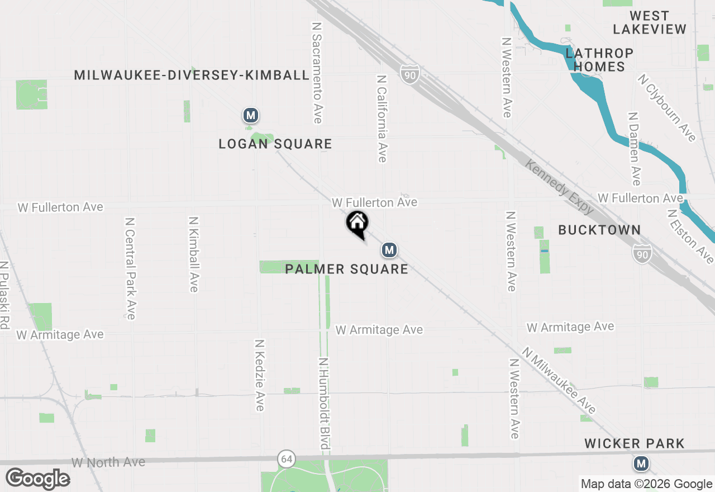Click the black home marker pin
[357, 224]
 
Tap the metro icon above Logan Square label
[251, 116]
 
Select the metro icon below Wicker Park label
[641, 463]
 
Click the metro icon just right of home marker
[389, 250]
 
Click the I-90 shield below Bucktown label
[642, 254]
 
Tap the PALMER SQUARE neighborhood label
[346, 269]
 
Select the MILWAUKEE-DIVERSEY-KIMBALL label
[192, 75]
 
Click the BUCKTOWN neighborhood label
[599, 230]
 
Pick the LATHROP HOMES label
[599, 60]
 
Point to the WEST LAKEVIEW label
[649, 22]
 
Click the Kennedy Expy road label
[559, 187]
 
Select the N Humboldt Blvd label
[323, 403]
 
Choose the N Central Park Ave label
[130, 268]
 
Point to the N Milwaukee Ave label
[559, 380]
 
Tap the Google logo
[38, 479]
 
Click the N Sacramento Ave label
[317, 73]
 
